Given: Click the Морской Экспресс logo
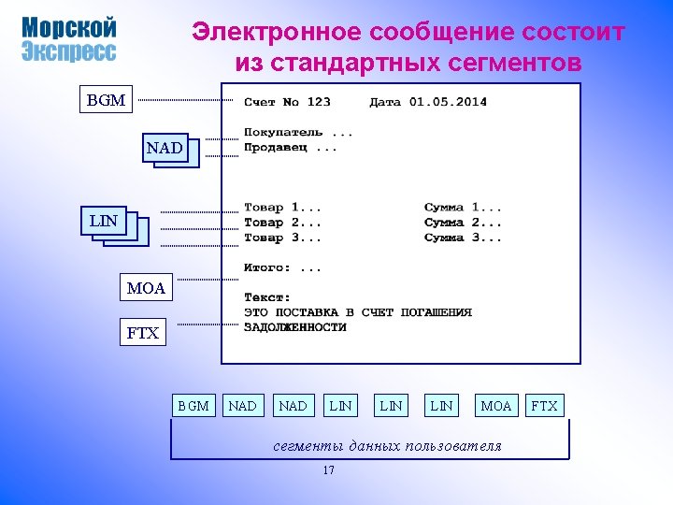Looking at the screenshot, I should (69, 39).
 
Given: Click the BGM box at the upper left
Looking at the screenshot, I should (106, 99).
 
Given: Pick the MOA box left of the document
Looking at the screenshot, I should (146, 288).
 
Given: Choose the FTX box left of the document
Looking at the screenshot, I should (143, 332).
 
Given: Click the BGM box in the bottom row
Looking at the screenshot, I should (193, 406).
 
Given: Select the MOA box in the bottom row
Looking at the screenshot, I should (495, 406).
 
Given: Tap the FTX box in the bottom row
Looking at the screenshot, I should (544, 406).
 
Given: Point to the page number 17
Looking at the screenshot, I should (328, 470).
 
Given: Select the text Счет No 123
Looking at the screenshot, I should (287, 102).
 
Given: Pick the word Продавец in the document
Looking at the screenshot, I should (278, 147).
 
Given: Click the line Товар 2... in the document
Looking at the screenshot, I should (282, 223).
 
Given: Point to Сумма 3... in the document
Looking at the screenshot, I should (463, 238).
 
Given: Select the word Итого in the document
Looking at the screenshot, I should (266, 267).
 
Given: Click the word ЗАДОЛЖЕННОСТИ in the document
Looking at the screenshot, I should (295, 327).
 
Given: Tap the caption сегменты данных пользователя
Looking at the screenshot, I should (387, 445).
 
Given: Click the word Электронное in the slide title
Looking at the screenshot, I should (277, 33).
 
